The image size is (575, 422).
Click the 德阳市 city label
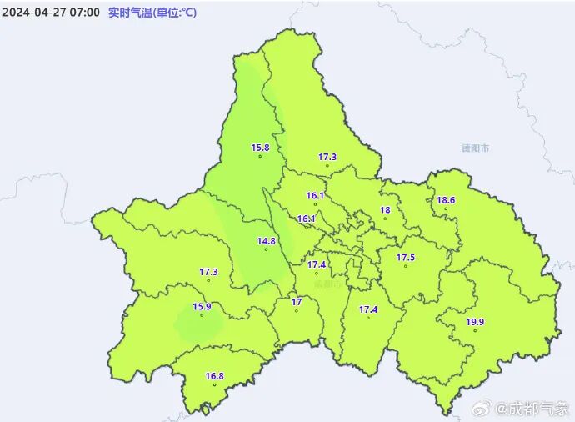[x=476, y=148]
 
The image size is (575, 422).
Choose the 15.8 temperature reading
[x=260, y=148]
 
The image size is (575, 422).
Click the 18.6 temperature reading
[x=446, y=200]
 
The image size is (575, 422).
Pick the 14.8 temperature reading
[x=266, y=241]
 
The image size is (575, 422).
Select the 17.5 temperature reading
[x=406, y=257]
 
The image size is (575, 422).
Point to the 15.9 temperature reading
[x=202, y=306]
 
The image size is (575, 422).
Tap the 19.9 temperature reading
[x=475, y=322]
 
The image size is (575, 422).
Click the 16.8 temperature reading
[x=215, y=375]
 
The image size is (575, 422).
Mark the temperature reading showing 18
[x=385, y=210]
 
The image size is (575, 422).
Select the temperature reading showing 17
[x=296, y=302]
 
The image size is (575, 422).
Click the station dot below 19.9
[x=475, y=331]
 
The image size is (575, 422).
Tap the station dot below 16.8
[x=215, y=384]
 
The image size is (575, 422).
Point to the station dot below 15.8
[x=260, y=156]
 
